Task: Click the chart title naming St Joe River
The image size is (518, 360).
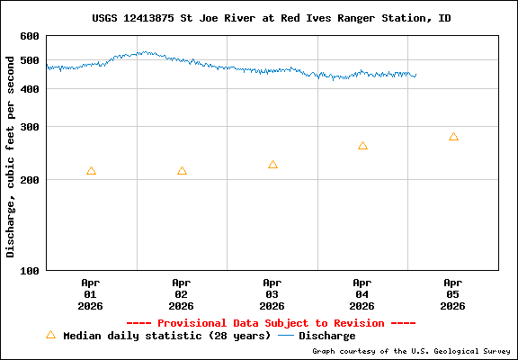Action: tap(271, 18)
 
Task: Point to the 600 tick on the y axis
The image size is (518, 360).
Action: tap(30, 36)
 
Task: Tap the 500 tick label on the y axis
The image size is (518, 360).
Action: tap(30, 60)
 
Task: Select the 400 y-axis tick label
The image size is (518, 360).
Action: tap(30, 89)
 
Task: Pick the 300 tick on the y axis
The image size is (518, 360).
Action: tap(30, 127)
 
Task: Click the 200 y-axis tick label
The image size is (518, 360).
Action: tap(30, 180)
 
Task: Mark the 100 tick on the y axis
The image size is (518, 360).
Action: tap(30, 270)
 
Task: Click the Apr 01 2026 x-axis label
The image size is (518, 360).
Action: tap(91, 293)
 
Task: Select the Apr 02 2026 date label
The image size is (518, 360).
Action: tap(182, 293)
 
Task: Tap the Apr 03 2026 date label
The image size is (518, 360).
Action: tap(272, 293)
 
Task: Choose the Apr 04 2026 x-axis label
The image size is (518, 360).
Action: tap(362, 293)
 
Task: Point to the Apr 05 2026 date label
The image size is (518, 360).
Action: tap(453, 293)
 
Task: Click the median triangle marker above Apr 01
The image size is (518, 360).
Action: tap(91, 171)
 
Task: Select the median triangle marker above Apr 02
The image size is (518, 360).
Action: tap(182, 171)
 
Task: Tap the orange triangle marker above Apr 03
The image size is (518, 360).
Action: tap(272, 165)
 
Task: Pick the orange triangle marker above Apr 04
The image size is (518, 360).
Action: tap(362, 145)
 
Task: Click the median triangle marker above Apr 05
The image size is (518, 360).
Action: tap(453, 137)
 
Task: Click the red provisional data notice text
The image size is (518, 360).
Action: tap(271, 323)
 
